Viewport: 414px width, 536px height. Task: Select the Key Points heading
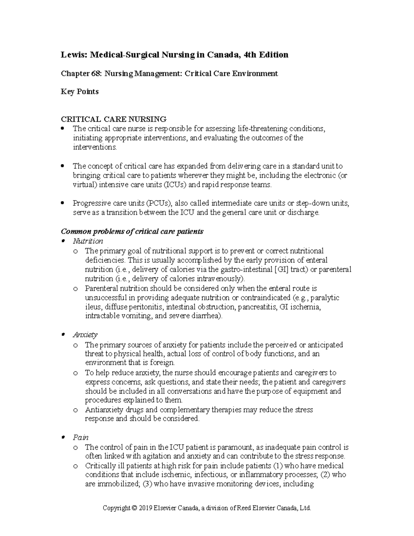tap(80, 92)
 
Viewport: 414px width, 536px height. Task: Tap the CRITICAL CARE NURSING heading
tap(114, 119)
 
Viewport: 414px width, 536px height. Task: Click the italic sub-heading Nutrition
tap(88, 241)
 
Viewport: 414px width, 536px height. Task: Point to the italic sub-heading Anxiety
tap(85, 334)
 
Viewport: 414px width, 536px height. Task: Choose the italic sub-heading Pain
tap(81, 437)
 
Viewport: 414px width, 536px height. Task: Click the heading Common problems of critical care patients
tap(132, 232)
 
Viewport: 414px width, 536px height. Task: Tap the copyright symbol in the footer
tap(134, 508)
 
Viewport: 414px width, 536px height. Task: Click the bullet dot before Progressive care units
tap(62, 203)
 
